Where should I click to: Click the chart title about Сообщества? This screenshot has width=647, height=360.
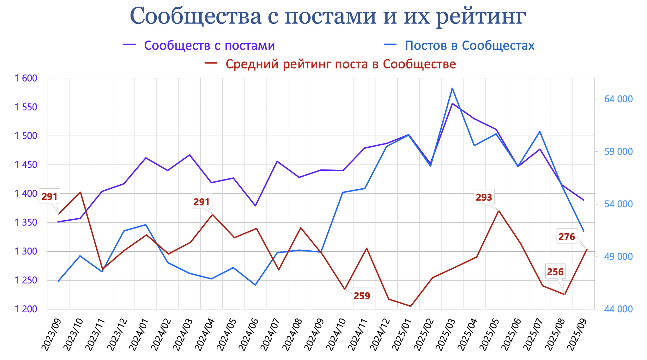coord(328,16)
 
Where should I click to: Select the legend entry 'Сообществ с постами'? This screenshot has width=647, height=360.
coord(209,46)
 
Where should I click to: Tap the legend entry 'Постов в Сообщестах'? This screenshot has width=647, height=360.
coord(469,46)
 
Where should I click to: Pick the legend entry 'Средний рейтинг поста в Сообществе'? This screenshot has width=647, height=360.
coord(341,64)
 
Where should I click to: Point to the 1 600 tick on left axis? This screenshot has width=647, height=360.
coord(26,78)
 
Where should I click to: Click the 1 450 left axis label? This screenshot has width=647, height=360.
coord(26,165)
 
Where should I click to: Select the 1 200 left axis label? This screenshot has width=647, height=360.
coord(26,309)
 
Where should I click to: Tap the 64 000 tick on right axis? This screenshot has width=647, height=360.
coord(618,99)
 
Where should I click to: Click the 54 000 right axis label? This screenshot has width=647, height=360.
coord(618,204)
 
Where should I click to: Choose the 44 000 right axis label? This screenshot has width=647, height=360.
coord(618,309)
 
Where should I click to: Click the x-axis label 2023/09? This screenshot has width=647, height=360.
coord(51,334)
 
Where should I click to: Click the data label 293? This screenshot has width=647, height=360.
coord(484,198)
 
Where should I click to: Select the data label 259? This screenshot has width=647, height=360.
coord(362,296)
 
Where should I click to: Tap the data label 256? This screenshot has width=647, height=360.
coord(555,272)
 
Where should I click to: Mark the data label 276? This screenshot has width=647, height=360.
coord(567,237)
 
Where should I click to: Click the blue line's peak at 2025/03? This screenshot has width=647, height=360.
coord(452,88)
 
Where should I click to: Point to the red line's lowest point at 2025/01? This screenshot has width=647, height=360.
coord(410,306)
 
